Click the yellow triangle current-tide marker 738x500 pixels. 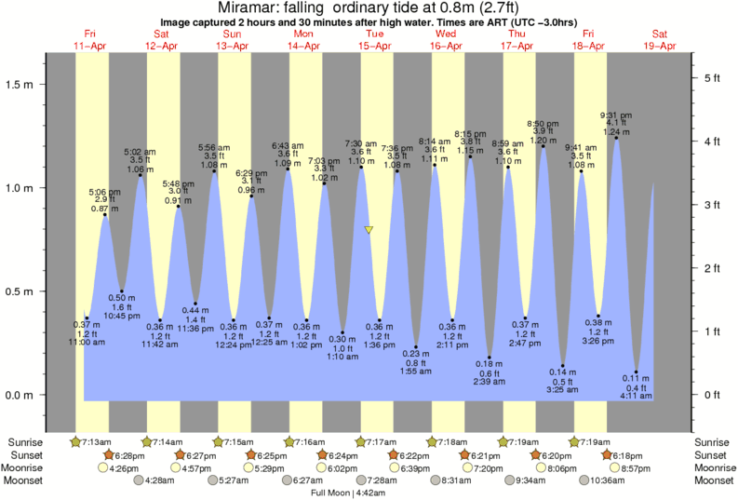coord(369,229)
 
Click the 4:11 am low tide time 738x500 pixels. coord(637,397)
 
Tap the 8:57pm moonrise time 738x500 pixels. coord(633,467)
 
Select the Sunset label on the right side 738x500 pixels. coord(713,454)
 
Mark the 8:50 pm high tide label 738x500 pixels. coord(543,124)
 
